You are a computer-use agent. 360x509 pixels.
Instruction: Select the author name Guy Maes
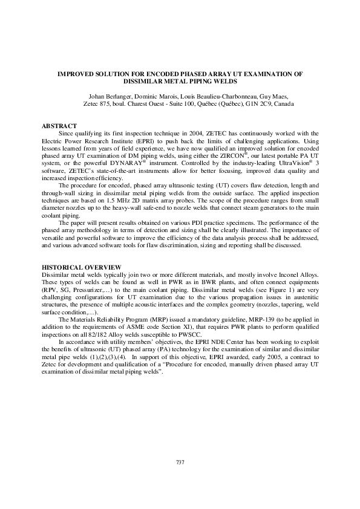point(275,96)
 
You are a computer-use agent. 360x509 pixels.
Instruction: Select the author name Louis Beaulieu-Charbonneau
point(215,96)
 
